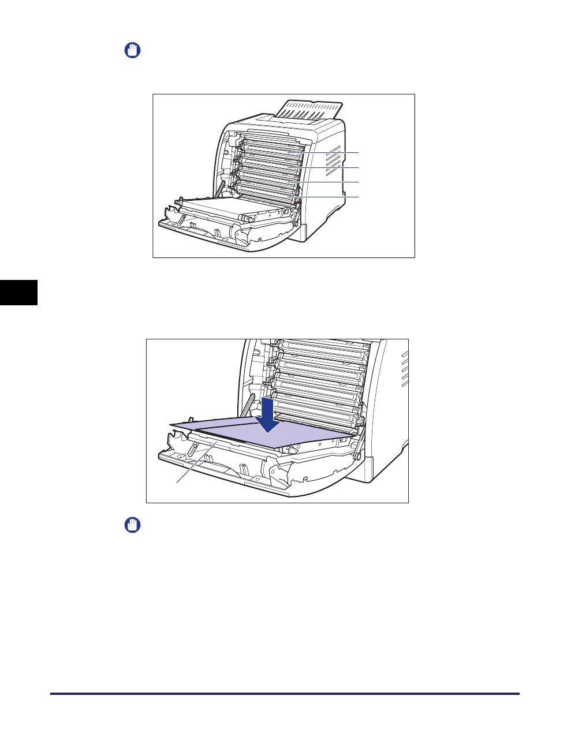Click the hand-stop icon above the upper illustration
click(133, 50)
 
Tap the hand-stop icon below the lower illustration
click(133, 525)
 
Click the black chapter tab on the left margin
click(18, 292)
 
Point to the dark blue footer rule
click(285, 694)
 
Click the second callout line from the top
click(332, 167)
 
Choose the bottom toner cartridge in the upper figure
click(268, 193)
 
